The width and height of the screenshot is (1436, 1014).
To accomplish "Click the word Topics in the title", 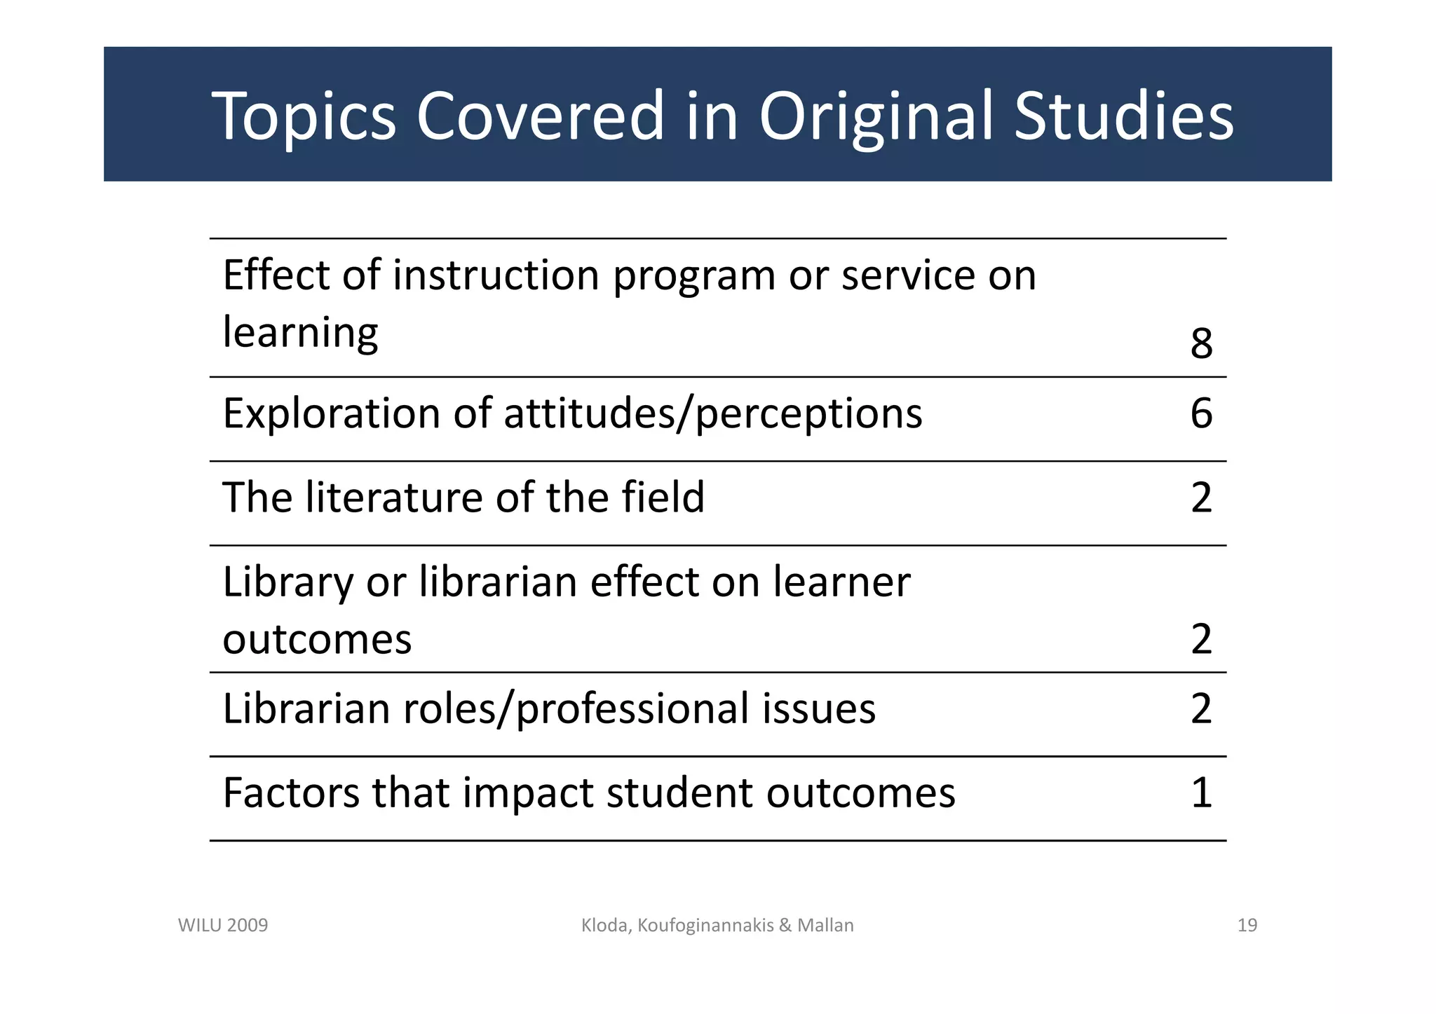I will [304, 117].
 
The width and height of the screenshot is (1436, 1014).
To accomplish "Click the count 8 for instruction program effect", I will [1201, 343].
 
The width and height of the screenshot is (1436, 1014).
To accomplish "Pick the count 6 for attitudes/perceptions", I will [1201, 413].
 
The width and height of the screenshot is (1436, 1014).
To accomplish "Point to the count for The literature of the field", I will [1201, 498].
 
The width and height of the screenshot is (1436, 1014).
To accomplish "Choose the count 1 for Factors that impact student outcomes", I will [1201, 793].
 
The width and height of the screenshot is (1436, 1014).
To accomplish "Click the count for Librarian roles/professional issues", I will [1201, 708].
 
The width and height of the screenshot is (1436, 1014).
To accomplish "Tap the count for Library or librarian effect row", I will [1201, 638].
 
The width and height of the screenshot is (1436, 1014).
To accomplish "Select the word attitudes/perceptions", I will [712, 413].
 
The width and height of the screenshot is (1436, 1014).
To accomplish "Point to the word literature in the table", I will [394, 498].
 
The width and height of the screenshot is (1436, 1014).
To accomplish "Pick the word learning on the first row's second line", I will [300, 332].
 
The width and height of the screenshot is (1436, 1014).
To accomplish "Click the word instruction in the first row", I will [496, 275].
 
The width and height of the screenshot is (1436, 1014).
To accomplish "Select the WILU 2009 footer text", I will [223, 926].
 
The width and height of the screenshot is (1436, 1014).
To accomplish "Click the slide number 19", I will [1247, 926].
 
